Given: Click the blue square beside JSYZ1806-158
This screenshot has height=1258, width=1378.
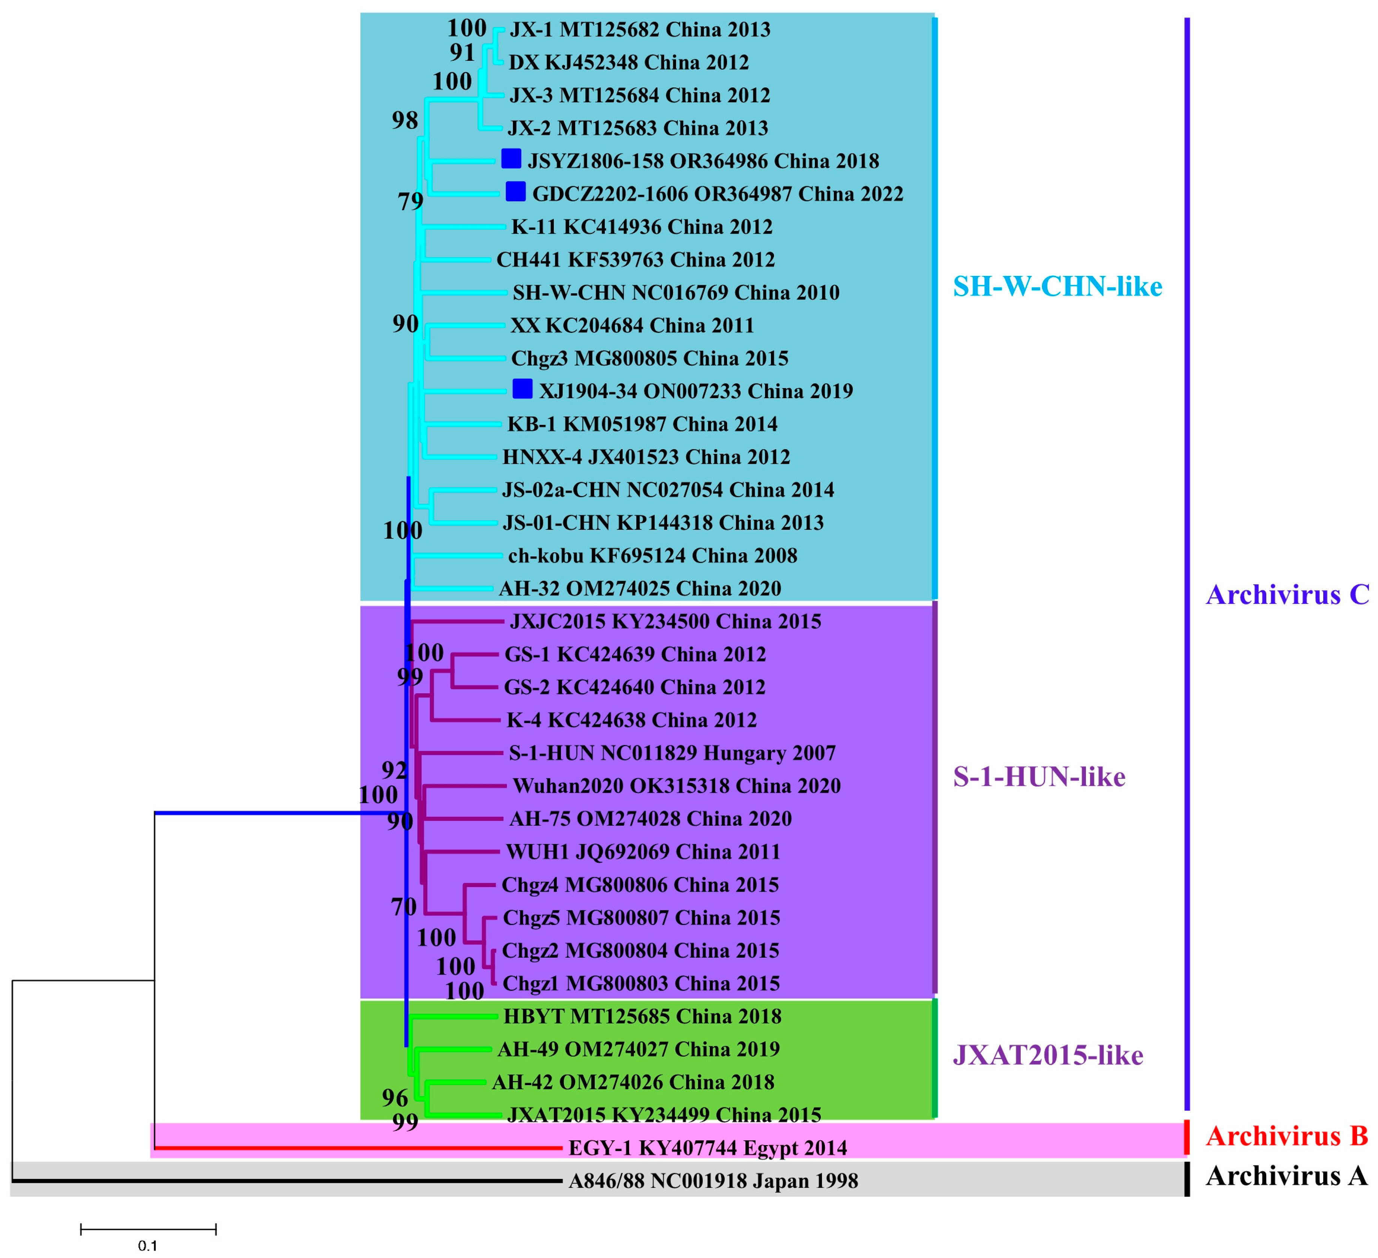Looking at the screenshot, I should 511,159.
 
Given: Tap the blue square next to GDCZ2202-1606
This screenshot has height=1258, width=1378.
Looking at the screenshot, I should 515,192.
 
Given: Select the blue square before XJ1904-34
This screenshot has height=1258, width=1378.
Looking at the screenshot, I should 522,388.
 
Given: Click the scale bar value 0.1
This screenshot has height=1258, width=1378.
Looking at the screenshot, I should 148,1245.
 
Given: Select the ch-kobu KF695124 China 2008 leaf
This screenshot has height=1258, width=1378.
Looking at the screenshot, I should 652,555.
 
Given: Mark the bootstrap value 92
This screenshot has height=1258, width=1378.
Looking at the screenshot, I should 394,771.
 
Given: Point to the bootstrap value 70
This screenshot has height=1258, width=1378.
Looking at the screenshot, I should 404,907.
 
